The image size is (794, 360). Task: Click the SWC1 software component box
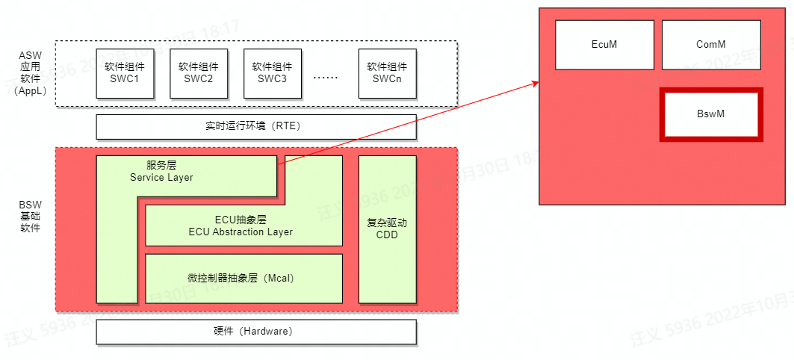click(125, 73)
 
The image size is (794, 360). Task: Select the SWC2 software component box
click(199, 73)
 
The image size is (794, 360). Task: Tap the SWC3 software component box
click(272, 73)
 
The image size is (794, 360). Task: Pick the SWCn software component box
click(387, 73)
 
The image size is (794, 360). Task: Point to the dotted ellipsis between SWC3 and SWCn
click(325, 77)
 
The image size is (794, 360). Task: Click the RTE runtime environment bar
click(256, 126)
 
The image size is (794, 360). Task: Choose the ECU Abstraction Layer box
click(244, 226)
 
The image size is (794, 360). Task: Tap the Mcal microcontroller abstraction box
click(244, 278)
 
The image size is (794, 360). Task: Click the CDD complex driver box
click(387, 229)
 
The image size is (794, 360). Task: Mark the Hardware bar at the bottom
click(256, 332)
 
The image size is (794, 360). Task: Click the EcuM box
click(604, 44)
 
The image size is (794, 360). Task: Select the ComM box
click(710, 44)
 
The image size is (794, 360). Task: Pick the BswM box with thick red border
click(711, 114)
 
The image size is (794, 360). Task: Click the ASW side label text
click(31, 55)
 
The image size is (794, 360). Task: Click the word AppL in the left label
click(31, 90)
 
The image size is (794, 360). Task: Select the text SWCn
click(387, 79)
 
